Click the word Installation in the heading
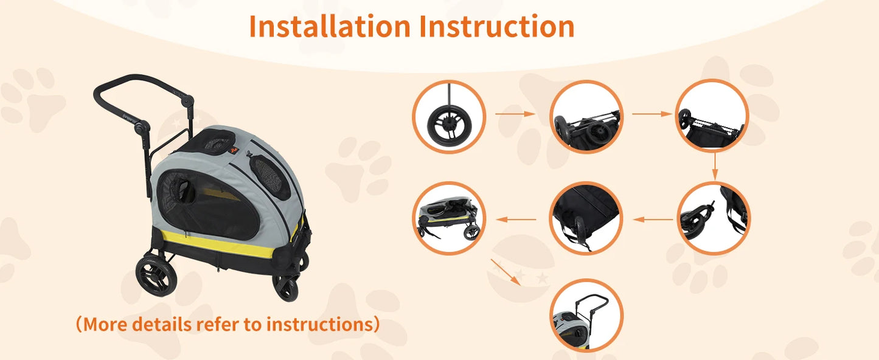(x=329, y=26)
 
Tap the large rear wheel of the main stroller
(x=156, y=275)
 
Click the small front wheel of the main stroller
(x=285, y=286)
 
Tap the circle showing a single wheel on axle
(x=449, y=116)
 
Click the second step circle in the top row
(x=586, y=116)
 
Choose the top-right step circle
(x=712, y=116)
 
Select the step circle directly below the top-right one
(x=714, y=218)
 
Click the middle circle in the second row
(x=586, y=218)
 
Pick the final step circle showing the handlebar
(x=586, y=316)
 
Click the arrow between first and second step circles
(x=515, y=114)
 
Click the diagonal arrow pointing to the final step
(x=508, y=271)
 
